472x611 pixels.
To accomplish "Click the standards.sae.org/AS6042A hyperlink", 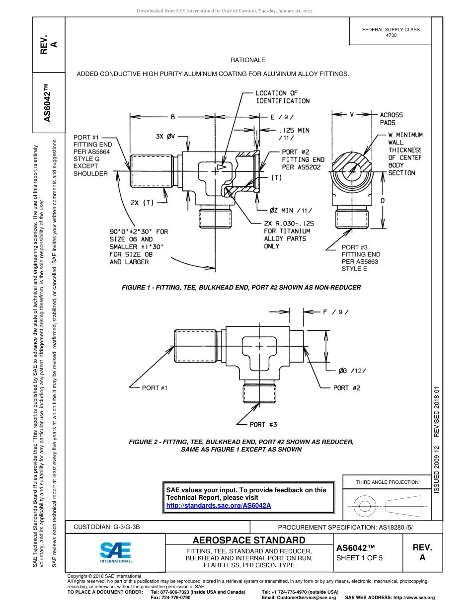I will point(218,505).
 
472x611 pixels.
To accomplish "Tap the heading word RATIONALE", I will point(247,60).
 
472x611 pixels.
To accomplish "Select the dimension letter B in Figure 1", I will point(172,117).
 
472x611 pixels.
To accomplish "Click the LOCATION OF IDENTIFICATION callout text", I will point(282,97).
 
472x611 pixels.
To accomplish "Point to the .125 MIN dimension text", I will point(294,130).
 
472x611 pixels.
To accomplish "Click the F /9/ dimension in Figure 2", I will point(335,312).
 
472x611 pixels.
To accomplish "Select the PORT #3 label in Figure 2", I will point(263,424).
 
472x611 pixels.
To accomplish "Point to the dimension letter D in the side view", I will point(382,200).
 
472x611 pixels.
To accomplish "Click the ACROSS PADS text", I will point(391,118).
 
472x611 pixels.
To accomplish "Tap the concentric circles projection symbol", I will point(365,506).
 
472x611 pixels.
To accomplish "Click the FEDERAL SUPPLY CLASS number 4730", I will point(391,35).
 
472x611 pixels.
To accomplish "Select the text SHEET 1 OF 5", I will point(359,558).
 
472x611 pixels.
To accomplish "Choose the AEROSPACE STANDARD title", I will point(249,540).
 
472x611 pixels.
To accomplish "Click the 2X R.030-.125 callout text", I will point(289,224).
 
